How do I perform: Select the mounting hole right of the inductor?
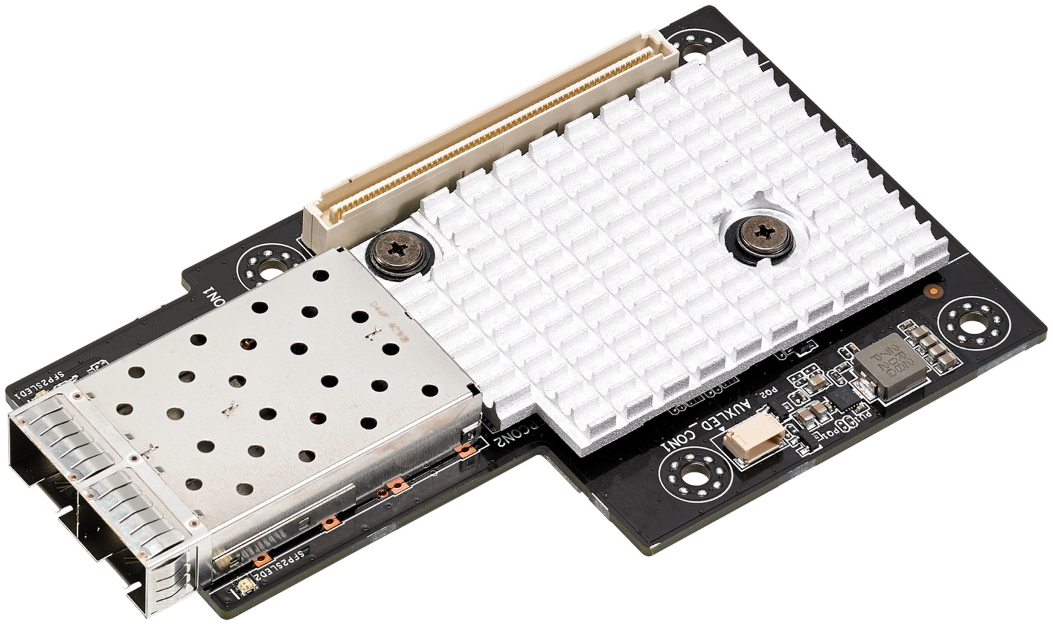point(974,323)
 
